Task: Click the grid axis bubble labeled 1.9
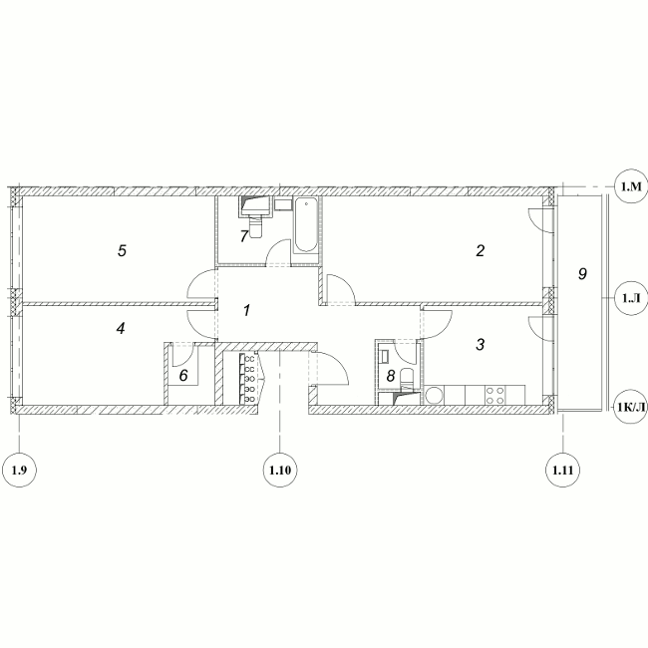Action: pos(19,470)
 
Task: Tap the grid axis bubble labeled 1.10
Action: pos(280,470)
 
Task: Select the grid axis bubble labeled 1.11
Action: pos(563,470)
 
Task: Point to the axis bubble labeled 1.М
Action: pos(631,186)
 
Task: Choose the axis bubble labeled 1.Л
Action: pos(631,298)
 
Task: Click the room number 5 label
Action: pos(122,250)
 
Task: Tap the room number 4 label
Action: pos(121,329)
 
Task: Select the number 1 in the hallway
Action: pos(246,310)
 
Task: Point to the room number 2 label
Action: pos(480,250)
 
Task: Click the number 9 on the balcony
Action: pos(582,273)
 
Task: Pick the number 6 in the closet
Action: pos(183,375)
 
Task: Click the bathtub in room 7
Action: pos(306,225)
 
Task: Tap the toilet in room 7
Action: pos(256,228)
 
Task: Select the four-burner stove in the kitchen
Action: pos(495,394)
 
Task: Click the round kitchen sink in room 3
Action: pos(435,395)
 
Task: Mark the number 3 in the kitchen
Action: pos(480,344)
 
